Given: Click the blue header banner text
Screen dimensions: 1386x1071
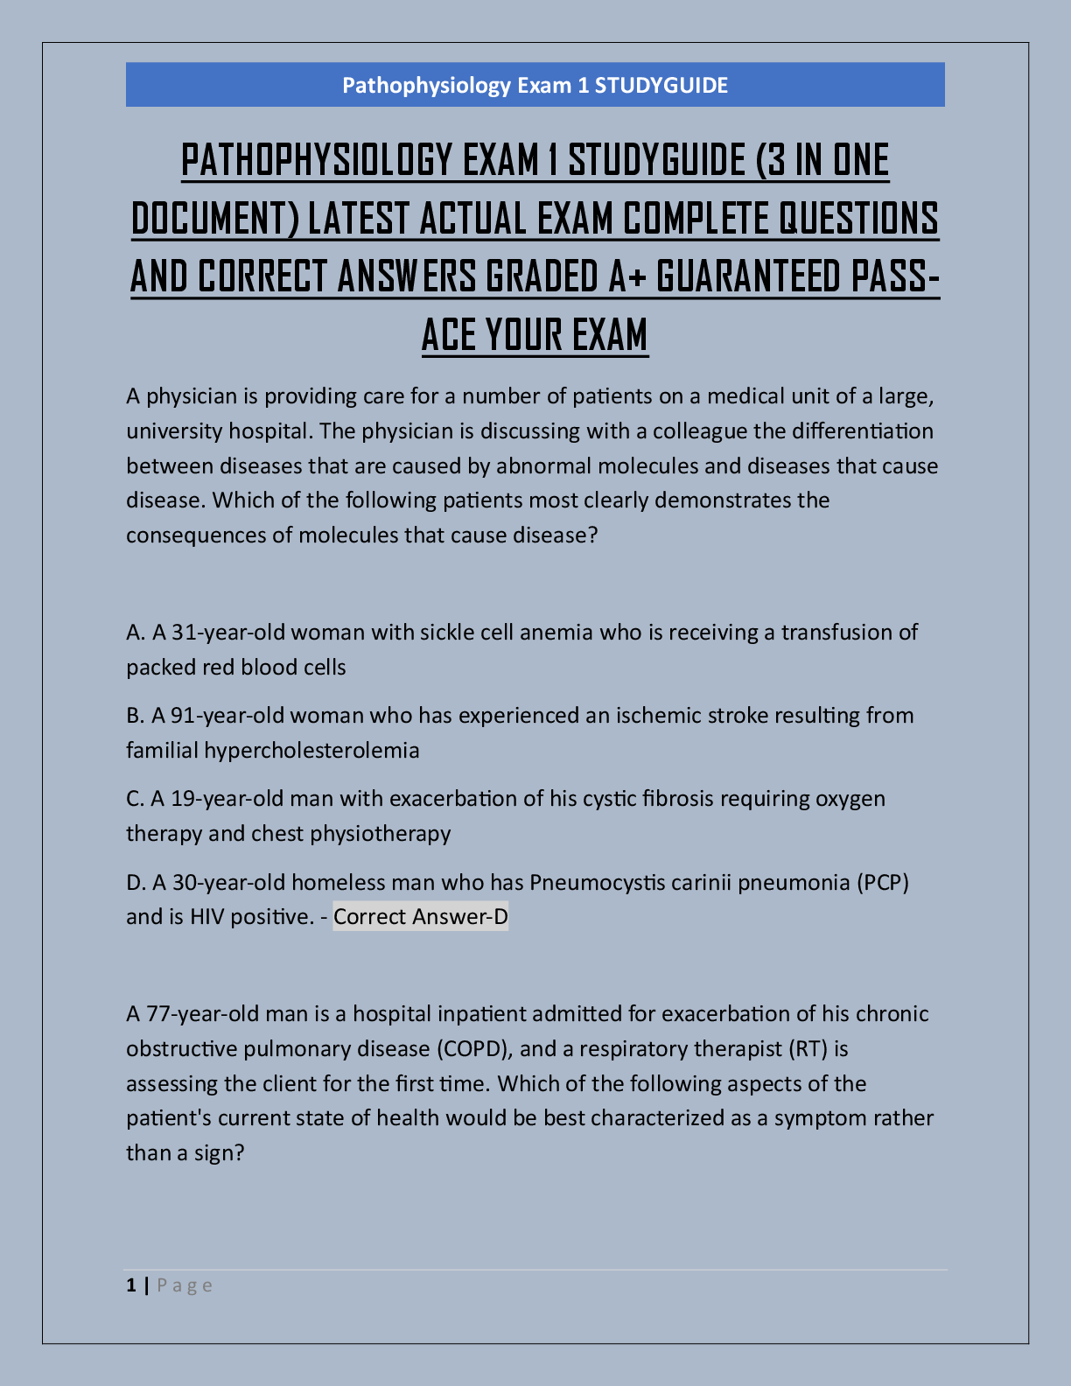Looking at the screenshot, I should click(535, 85).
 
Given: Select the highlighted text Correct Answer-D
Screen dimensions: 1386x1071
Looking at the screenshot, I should click(421, 916).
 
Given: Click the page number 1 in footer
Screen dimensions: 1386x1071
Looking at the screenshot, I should click(131, 1284).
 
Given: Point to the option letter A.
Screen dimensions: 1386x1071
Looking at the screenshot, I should click(135, 632).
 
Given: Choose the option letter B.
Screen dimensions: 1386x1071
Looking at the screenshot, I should click(135, 715).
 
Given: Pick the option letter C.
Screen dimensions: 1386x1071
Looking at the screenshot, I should click(135, 798).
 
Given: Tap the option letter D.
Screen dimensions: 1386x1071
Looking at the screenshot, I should click(136, 881).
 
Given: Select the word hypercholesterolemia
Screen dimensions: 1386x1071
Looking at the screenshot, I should click(311, 750).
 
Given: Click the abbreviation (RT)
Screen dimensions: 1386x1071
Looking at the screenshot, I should click(808, 1048).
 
